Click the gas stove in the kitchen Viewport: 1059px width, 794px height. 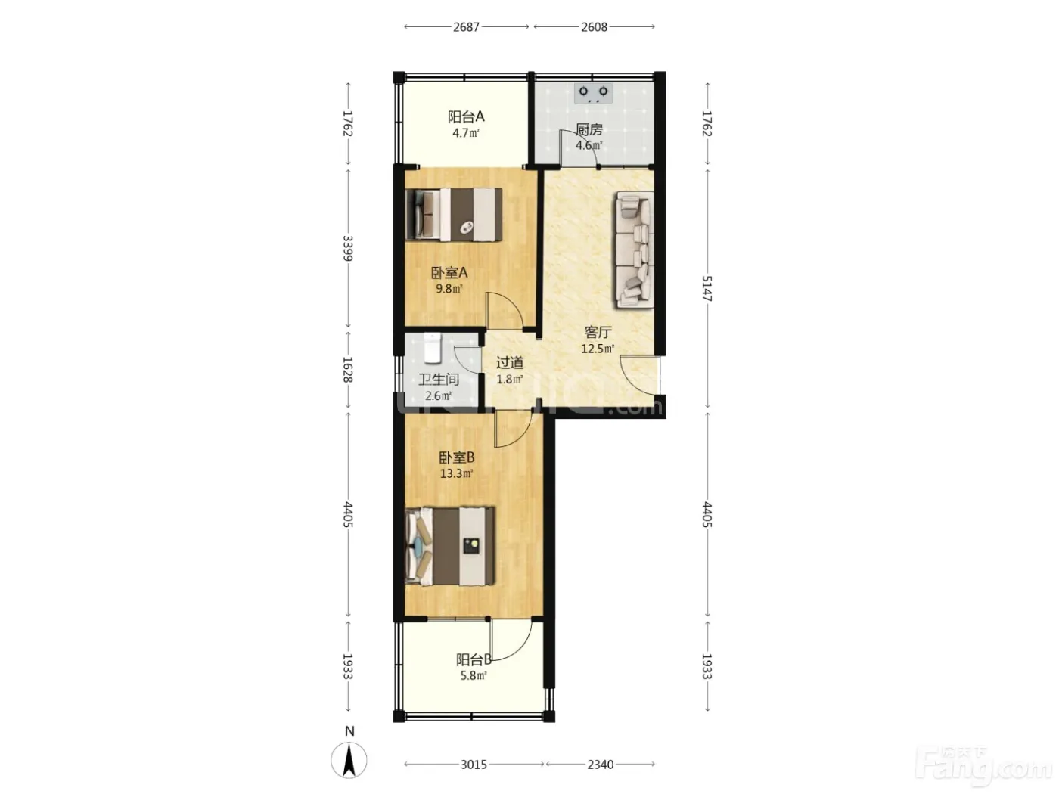click(x=593, y=93)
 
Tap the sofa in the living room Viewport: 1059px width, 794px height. click(x=633, y=250)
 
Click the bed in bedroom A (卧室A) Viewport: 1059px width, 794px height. click(x=454, y=214)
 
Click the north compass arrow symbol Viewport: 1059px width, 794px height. click(x=349, y=760)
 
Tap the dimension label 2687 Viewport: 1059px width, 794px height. click(x=466, y=27)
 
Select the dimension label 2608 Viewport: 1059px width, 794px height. click(x=594, y=27)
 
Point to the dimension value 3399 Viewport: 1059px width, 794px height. click(x=348, y=248)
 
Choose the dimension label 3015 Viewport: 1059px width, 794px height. click(x=474, y=765)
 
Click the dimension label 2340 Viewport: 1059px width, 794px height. click(x=600, y=765)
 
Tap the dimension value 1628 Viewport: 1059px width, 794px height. click(x=348, y=370)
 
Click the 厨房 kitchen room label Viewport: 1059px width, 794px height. click(x=589, y=129)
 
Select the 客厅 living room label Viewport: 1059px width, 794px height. click(x=598, y=332)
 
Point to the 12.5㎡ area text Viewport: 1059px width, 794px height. click(x=598, y=349)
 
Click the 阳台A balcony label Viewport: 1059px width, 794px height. click(x=466, y=116)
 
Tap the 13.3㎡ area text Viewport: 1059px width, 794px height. click(x=456, y=473)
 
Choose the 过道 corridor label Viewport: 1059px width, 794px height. click(x=510, y=362)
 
